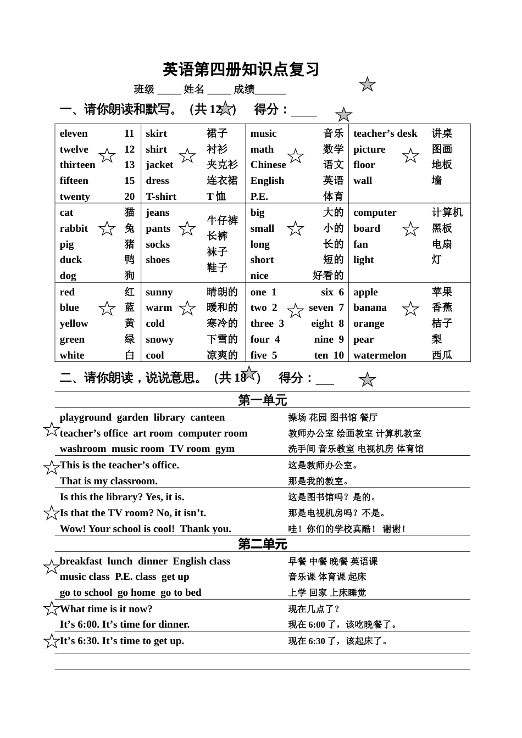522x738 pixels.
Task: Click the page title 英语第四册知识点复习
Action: (x=241, y=70)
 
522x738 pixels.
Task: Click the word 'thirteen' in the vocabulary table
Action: (x=77, y=165)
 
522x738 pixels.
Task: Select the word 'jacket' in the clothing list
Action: (x=159, y=165)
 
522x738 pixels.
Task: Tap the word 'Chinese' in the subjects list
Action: (x=268, y=165)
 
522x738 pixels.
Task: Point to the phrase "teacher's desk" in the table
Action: (x=385, y=133)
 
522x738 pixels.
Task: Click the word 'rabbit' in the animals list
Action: (x=74, y=228)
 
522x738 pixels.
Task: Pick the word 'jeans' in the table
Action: (x=158, y=213)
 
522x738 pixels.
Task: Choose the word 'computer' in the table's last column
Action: (x=375, y=213)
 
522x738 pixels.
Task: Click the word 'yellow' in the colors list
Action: (x=74, y=323)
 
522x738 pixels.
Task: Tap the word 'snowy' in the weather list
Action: (x=160, y=339)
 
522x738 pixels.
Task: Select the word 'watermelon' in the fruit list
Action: (x=380, y=355)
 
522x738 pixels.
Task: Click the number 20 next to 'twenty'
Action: (x=129, y=197)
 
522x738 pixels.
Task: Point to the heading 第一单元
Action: (x=262, y=400)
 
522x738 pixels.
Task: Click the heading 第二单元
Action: (x=262, y=544)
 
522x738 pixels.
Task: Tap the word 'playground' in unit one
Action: (x=85, y=417)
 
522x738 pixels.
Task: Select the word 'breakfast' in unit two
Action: (x=81, y=561)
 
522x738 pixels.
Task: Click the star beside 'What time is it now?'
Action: (x=52, y=608)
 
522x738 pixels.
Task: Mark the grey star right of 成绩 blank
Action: (x=367, y=85)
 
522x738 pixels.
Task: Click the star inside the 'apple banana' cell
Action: (x=410, y=309)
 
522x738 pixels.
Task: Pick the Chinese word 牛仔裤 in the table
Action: (x=222, y=221)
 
